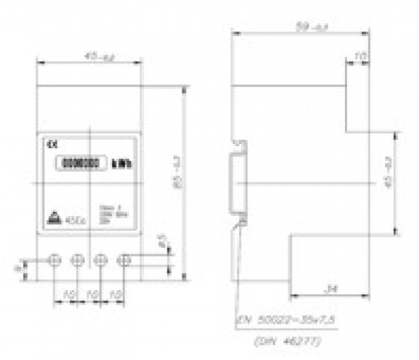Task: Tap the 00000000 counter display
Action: [80, 164]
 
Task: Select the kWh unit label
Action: [121, 165]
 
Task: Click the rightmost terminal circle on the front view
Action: [125, 260]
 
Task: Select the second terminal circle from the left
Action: [78, 260]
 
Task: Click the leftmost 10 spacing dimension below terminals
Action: [67, 294]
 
